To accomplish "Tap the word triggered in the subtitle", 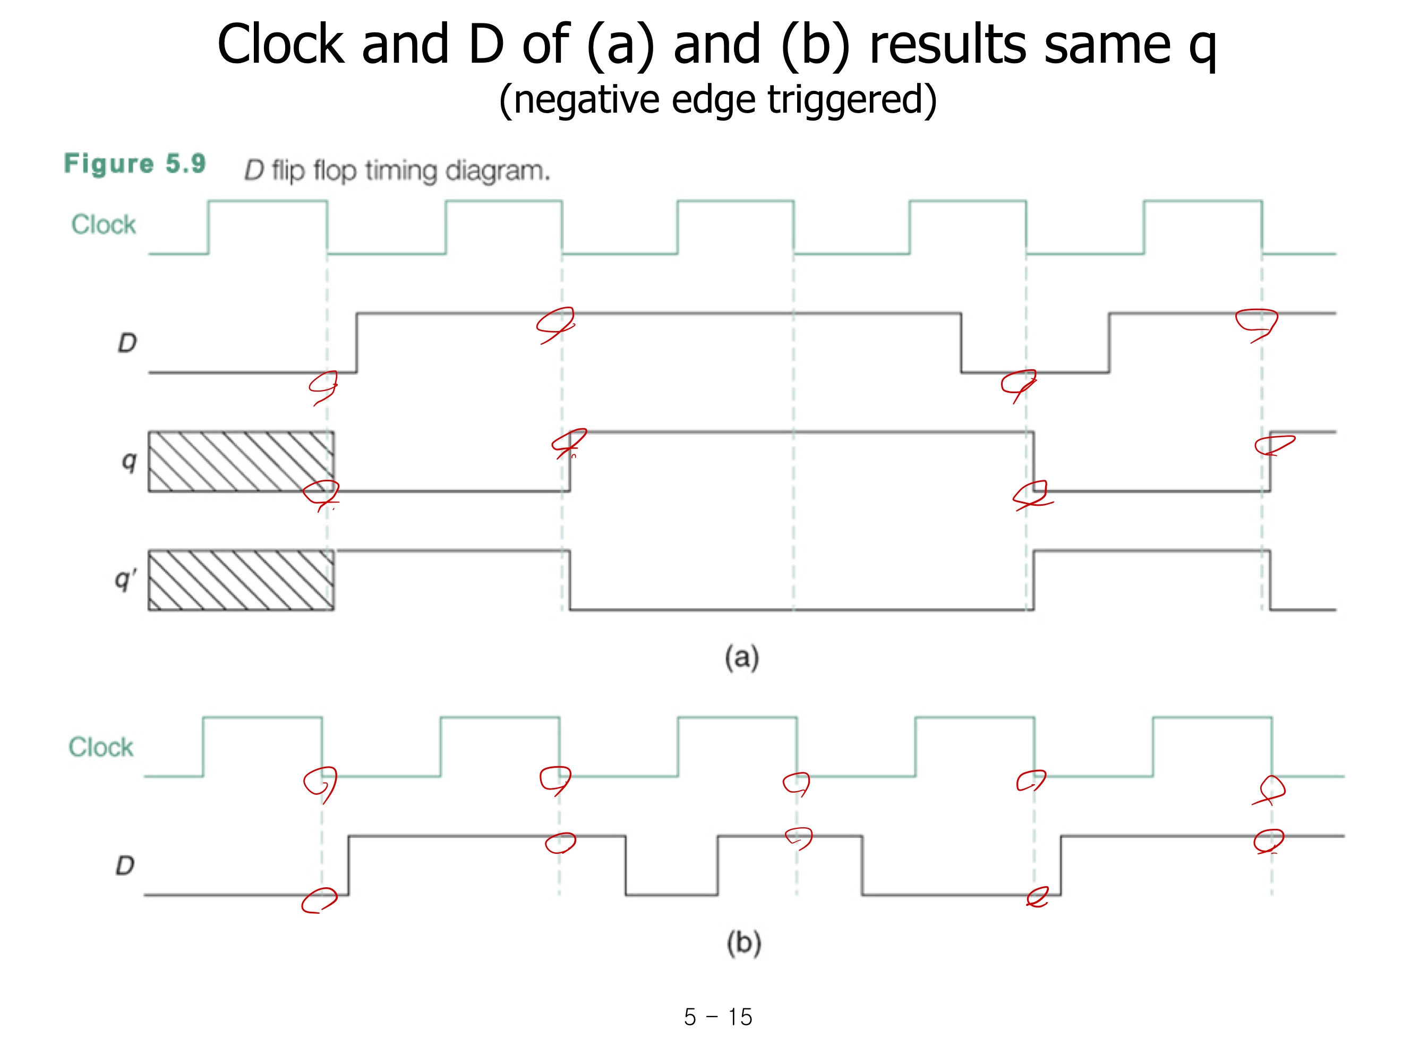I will (851, 99).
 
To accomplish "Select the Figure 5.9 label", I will (134, 164).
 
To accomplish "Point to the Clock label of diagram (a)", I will (104, 224).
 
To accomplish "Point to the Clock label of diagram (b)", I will (101, 747).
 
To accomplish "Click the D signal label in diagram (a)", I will (127, 343).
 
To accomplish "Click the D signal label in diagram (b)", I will (125, 866).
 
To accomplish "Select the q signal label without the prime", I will (129, 461).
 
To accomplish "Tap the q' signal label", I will (125, 580).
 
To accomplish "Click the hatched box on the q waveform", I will (241, 462).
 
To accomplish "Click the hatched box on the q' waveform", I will (241, 580).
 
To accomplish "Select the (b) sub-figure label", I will (743, 943).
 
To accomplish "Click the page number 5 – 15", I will (717, 1017).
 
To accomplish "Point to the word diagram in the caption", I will (498, 171).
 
